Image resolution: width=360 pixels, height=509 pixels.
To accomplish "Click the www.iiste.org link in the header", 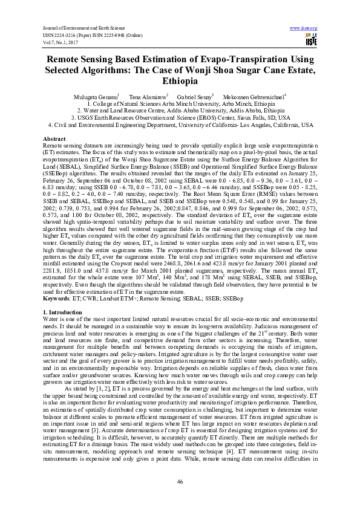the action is [x=304, y=28].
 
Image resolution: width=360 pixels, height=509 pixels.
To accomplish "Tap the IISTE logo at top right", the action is [x=311, y=41].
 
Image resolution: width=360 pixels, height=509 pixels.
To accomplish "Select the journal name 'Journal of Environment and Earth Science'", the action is [x=80, y=28].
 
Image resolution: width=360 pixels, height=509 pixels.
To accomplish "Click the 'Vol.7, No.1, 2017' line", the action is [x=61, y=42].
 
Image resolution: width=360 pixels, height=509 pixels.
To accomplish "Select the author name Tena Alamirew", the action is [x=148, y=96].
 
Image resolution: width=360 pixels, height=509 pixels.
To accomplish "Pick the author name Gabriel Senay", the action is [x=194, y=96].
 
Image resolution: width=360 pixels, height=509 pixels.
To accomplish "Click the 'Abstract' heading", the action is [x=54, y=140].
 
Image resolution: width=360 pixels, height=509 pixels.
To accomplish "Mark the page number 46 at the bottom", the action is [x=180, y=481].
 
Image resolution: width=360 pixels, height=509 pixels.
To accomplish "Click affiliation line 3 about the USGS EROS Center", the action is [x=180, y=118].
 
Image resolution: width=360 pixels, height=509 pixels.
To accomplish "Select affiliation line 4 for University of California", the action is [x=180, y=125].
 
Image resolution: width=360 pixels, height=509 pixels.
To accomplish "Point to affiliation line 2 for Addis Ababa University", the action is [x=180, y=111].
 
